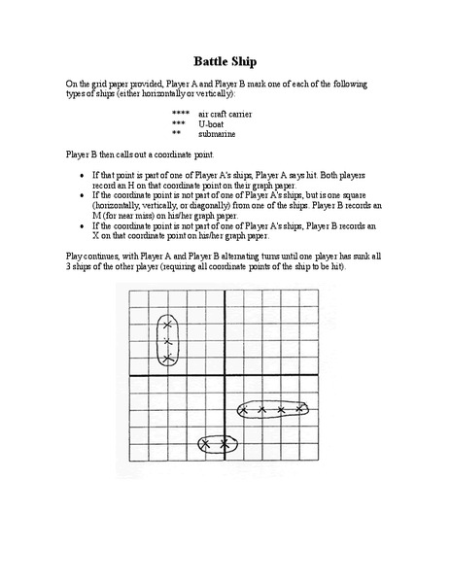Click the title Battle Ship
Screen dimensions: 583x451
pyautogui.click(x=225, y=60)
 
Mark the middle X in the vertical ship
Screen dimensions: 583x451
pyautogui.click(x=167, y=342)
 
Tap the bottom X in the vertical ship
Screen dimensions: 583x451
pyautogui.click(x=167, y=359)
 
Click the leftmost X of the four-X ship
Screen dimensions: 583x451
pyautogui.click(x=244, y=410)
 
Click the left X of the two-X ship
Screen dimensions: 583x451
pyautogui.click(x=206, y=444)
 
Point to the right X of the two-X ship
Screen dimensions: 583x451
pyautogui.click(x=225, y=444)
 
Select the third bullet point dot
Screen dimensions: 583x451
pyautogui.click(x=83, y=224)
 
